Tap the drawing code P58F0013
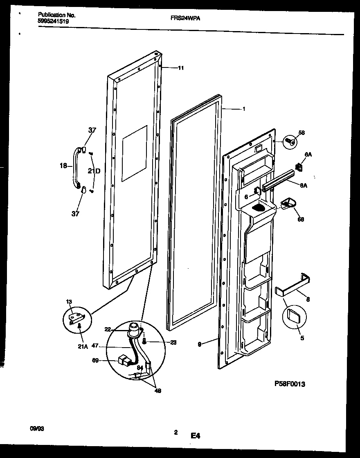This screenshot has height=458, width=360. pos(290,384)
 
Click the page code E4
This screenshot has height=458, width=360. pos(195,436)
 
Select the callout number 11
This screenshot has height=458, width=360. pos(181,68)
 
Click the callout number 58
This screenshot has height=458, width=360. pos(301,133)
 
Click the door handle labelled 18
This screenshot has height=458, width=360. pos(76,168)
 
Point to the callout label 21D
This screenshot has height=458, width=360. pos(94,171)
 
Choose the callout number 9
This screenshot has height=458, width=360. pos(199,345)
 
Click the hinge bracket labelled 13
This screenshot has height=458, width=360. pos(76,317)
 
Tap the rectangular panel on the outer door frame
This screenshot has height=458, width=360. pos(135,153)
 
